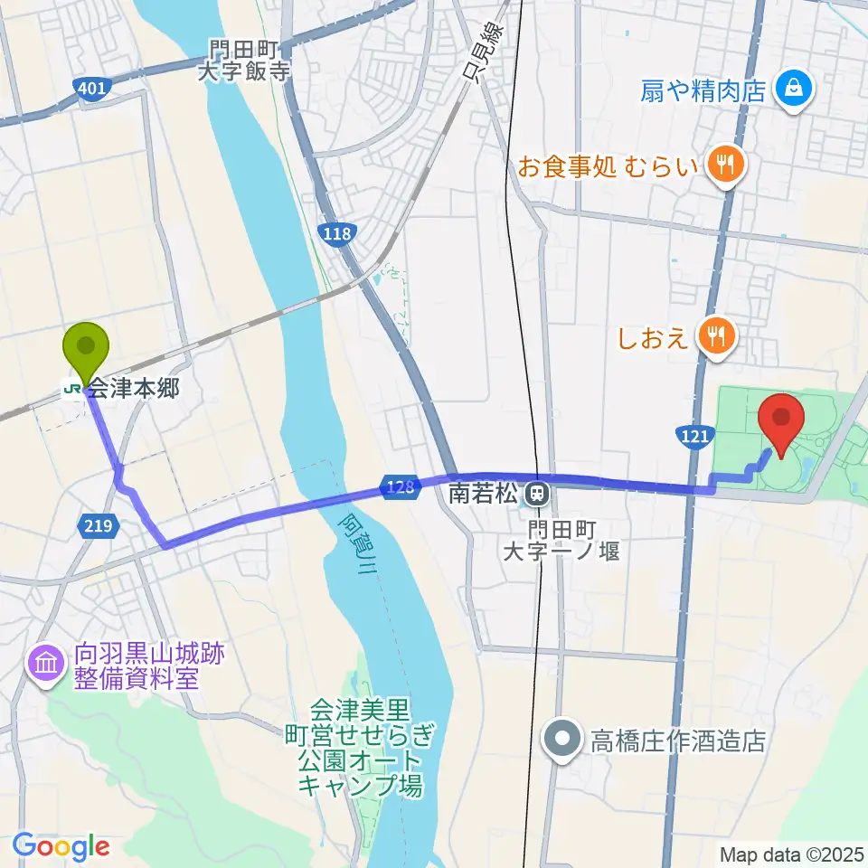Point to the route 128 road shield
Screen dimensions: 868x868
tap(398, 486)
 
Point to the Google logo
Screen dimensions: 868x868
tap(61, 846)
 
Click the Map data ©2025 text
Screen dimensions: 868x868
tap(791, 854)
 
